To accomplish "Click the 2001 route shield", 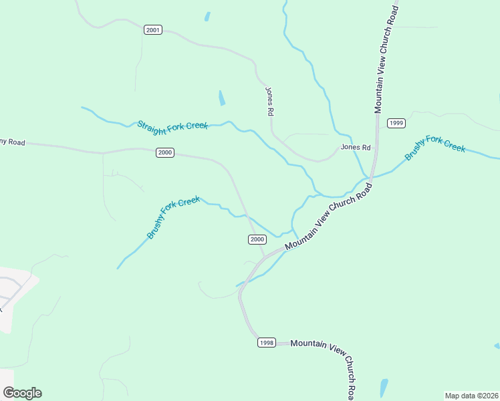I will pyautogui.click(x=153, y=30).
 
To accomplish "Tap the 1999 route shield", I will pyautogui.click(x=396, y=123).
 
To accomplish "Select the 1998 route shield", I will pyautogui.click(x=266, y=343).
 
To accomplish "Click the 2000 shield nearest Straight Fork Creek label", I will pyautogui.click(x=165, y=152).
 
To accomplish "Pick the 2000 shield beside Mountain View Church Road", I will pyautogui.click(x=257, y=239).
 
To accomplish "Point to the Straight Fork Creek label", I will pyautogui.click(x=172, y=125).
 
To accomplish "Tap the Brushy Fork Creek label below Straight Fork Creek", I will pyautogui.click(x=173, y=217).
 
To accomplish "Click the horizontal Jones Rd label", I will pyautogui.click(x=355, y=147).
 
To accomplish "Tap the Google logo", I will pyautogui.click(x=22, y=393).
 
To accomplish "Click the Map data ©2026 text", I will pyautogui.click(x=471, y=395).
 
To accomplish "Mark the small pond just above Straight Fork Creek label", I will pyautogui.click(x=221, y=98).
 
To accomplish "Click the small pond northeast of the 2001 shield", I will pyautogui.click(x=207, y=16).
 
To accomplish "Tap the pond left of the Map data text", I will pyautogui.click(x=383, y=388).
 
